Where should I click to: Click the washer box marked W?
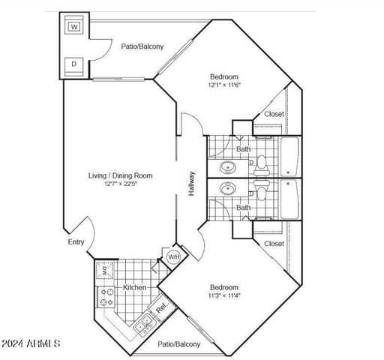(x=74, y=27)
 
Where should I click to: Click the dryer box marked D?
(x=74, y=64)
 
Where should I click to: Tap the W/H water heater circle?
(x=173, y=257)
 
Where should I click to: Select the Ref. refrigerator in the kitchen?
(x=161, y=308)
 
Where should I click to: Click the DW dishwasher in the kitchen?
(x=105, y=271)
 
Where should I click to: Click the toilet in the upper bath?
(x=262, y=160)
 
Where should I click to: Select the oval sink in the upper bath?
(x=227, y=166)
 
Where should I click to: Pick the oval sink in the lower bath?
(x=227, y=187)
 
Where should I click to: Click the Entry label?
(x=76, y=242)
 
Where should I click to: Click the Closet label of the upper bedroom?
(x=274, y=115)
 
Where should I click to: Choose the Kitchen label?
(x=135, y=287)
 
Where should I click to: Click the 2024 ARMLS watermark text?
(x=31, y=344)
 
